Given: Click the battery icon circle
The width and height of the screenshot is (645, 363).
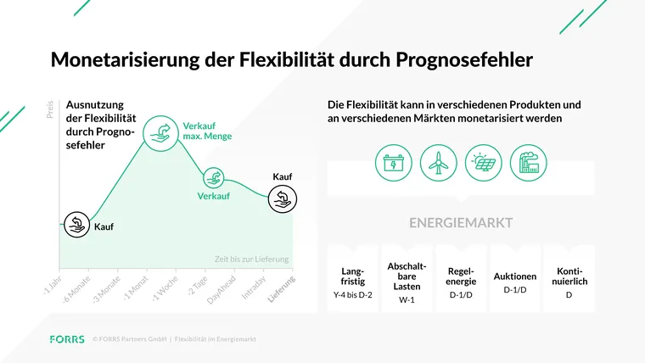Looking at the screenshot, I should pos(394,162).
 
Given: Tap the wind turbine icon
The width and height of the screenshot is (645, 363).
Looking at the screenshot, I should pos(438,162).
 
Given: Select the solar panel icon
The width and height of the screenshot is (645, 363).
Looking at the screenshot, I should pos(484,162).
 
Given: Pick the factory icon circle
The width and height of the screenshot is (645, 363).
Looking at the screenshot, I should pos(529,162).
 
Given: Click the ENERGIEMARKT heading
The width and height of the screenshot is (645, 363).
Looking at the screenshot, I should pos(461,224).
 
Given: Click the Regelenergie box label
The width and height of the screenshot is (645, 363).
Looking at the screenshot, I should pos(461,276).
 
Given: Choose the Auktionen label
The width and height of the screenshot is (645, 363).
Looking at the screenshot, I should pos(515,276).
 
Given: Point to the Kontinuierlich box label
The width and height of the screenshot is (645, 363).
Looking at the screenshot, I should pos(569,276).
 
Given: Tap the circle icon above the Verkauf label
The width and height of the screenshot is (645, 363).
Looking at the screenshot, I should pos(215,177).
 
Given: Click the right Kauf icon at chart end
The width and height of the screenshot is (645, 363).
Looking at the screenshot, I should pos(282,199).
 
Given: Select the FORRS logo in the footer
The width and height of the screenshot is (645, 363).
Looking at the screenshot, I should pos(67,339).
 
